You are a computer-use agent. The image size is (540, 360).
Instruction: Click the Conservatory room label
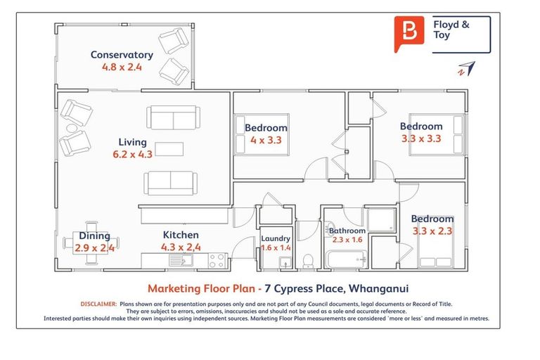point(122,55)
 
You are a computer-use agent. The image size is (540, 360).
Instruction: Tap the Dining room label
point(94,236)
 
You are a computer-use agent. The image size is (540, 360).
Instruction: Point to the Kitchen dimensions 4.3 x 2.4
point(181,247)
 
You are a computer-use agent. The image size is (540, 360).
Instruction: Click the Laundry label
point(276,238)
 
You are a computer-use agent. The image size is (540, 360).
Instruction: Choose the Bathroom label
point(347,230)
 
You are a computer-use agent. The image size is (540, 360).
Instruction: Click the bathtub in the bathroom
point(345,260)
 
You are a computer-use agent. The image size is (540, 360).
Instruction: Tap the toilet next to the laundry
point(307,261)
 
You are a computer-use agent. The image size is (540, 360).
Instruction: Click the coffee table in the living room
point(169,148)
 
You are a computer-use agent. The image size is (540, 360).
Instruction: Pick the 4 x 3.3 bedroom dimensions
point(266,139)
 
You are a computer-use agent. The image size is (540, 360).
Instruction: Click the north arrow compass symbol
point(466,68)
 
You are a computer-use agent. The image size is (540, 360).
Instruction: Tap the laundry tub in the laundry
point(285,263)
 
